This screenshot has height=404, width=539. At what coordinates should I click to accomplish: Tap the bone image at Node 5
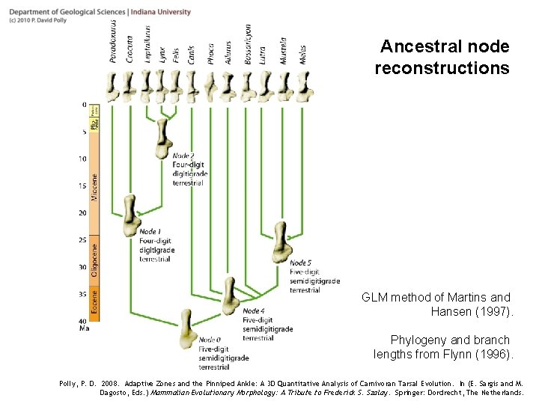pos(281,242)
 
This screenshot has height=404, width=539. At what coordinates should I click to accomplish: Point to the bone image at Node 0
pos(186,329)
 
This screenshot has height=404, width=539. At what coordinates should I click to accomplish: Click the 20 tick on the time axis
pos(82,213)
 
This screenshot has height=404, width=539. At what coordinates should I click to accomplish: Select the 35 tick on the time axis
pos(82,294)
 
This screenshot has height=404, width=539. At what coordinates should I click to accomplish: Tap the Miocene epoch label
pos(94,187)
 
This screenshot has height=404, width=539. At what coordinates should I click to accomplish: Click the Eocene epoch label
pos(94,302)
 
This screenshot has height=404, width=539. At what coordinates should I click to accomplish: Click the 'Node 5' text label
pos(301,263)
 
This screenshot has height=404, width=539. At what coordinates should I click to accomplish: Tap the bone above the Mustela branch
pos(284,87)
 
